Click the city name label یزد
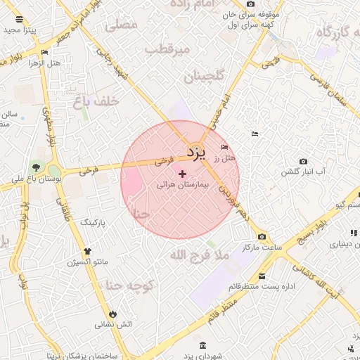point(196,152)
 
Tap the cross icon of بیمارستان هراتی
point(182,174)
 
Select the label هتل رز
point(225,159)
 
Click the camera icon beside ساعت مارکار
point(262,237)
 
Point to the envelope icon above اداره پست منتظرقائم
point(262,276)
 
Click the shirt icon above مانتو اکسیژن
point(86,251)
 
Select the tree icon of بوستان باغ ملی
point(36,167)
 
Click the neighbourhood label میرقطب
point(167,49)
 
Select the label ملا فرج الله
point(200,256)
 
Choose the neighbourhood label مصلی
point(122,25)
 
